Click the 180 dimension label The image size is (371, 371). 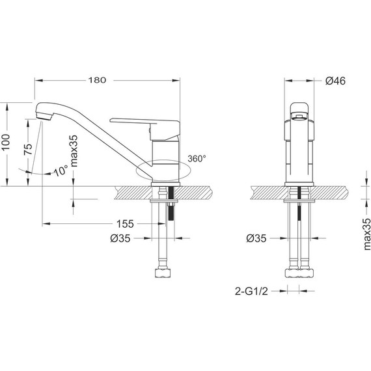click(97, 80)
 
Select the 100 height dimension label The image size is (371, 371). click(6, 142)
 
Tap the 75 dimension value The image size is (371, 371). click(28, 149)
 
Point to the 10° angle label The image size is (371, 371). click(61, 171)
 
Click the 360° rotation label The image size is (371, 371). click(197, 159)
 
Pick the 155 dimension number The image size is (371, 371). click(125, 224)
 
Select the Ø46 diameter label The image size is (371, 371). click(335, 81)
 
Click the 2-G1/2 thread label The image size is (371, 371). click(251, 291)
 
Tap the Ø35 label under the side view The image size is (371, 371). click(120, 238)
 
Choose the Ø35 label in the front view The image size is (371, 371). click(256, 238)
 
